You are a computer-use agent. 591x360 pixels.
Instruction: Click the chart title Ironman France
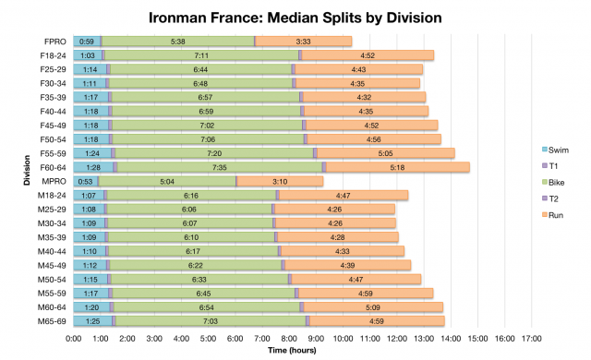point(295,18)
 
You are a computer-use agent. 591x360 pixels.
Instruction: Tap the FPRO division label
point(54,42)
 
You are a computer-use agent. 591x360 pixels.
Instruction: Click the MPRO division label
point(54,181)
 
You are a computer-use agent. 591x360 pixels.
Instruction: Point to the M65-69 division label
point(51,320)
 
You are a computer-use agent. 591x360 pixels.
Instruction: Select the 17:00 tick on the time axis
point(531,338)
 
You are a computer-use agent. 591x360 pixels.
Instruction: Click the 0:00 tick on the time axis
point(74,338)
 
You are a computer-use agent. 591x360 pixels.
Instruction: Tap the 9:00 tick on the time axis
point(316,338)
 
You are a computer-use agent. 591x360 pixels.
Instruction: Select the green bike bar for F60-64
point(220,167)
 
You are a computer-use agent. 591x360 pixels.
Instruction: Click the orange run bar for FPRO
point(304,42)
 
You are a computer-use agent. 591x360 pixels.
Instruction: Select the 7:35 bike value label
point(220,167)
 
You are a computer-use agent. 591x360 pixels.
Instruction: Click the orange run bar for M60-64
point(373,306)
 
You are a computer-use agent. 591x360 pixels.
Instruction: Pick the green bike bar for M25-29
point(189,209)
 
